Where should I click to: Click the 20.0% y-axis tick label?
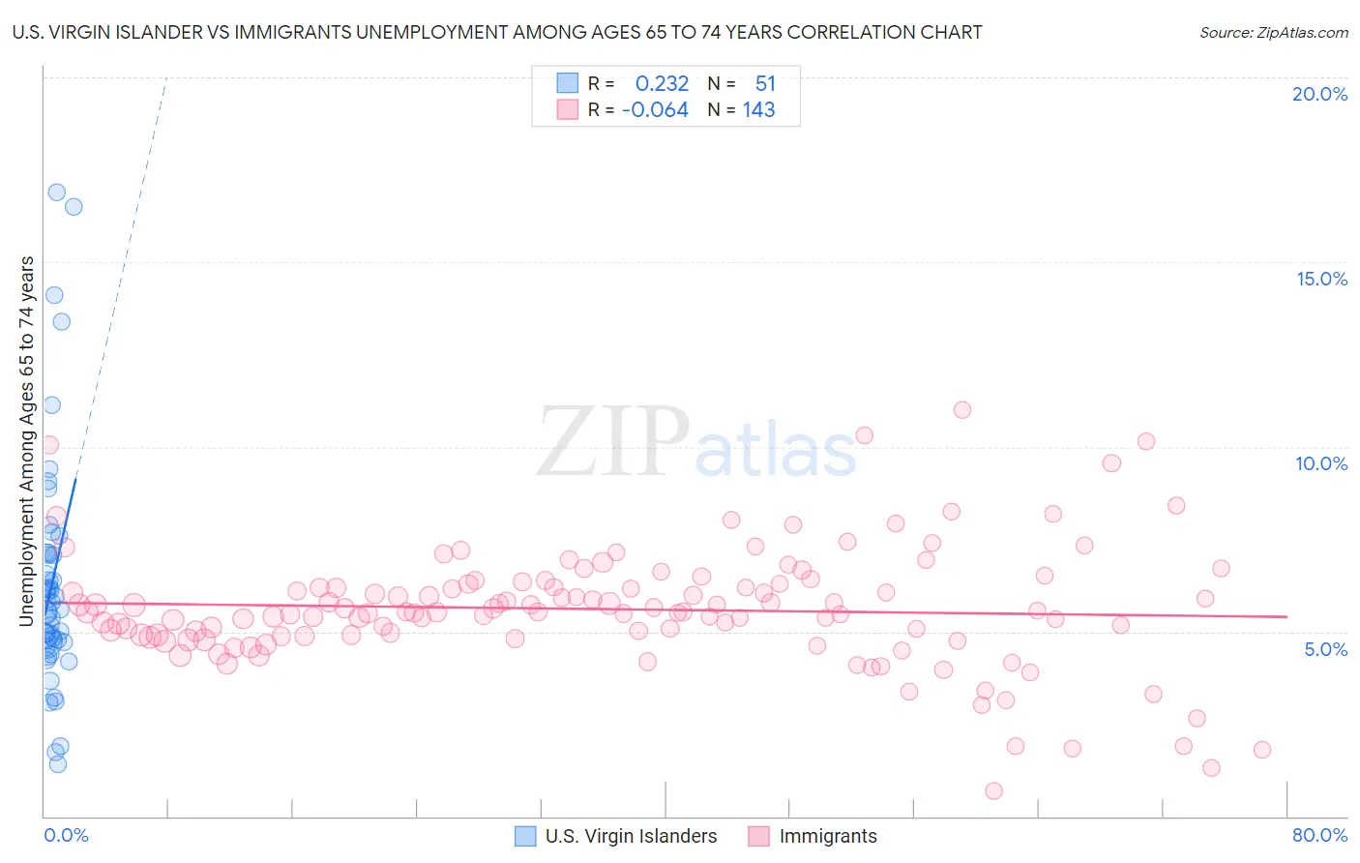pyautogui.click(x=1319, y=94)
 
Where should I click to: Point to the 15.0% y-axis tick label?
pyautogui.click(x=1321, y=279)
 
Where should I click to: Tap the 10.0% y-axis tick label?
pyautogui.click(x=1321, y=463)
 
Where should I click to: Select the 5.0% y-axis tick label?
pyautogui.click(x=1325, y=649)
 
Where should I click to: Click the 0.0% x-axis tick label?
pyautogui.click(x=66, y=835)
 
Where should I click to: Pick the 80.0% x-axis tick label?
pyautogui.click(x=1319, y=835)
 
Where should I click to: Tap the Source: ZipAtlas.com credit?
pyautogui.click(x=1273, y=32)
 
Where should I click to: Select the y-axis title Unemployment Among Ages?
pyautogui.click(x=26, y=440)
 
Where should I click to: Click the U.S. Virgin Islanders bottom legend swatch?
pyautogui.click(x=525, y=836)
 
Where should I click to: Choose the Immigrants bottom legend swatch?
pyautogui.click(x=758, y=836)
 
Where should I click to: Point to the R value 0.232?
pyautogui.click(x=662, y=84)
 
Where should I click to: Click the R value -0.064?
pyautogui.click(x=655, y=110)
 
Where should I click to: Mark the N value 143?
pyautogui.click(x=758, y=110)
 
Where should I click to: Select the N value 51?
pyautogui.click(x=765, y=84)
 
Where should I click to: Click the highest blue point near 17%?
pyautogui.click(x=57, y=193)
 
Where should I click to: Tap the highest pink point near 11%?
pyautogui.click(x=961, y=410)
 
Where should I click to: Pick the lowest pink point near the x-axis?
pyautogui.click(x=993, y=790)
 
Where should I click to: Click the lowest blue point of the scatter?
pyautogui.click(x=58, y=763)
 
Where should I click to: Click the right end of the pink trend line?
pyautogui.click(x=1286, y=616)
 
